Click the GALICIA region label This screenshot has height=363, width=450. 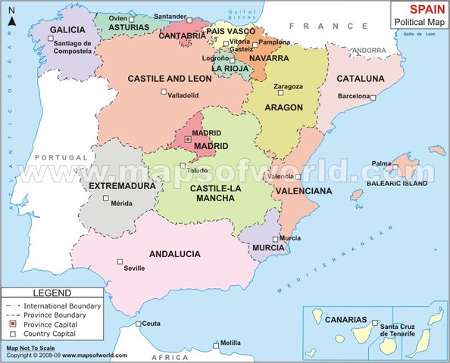[67, 29]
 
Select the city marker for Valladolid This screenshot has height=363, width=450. [163, 92]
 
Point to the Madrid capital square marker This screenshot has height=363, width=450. [189, 138]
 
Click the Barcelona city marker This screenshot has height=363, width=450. [373, 97]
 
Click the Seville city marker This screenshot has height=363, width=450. [119, 262]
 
